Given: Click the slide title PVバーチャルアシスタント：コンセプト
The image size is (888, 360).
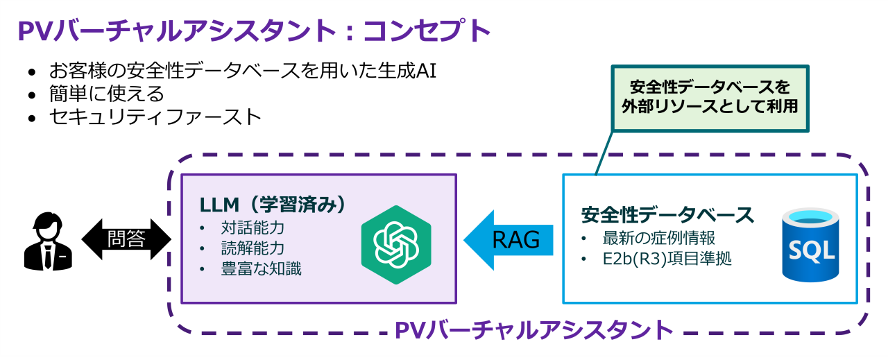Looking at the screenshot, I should point(253,31).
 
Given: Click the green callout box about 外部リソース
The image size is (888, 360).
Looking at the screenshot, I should point(710,98).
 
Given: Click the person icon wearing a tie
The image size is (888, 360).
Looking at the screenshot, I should point(48,241).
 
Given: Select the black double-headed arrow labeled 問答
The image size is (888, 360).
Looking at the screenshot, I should point(126,239).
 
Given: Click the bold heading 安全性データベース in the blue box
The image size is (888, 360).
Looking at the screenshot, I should point(667,214).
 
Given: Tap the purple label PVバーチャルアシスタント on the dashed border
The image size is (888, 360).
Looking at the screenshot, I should point(535,329).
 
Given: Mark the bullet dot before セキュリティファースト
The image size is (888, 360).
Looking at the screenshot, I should point(32,117).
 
